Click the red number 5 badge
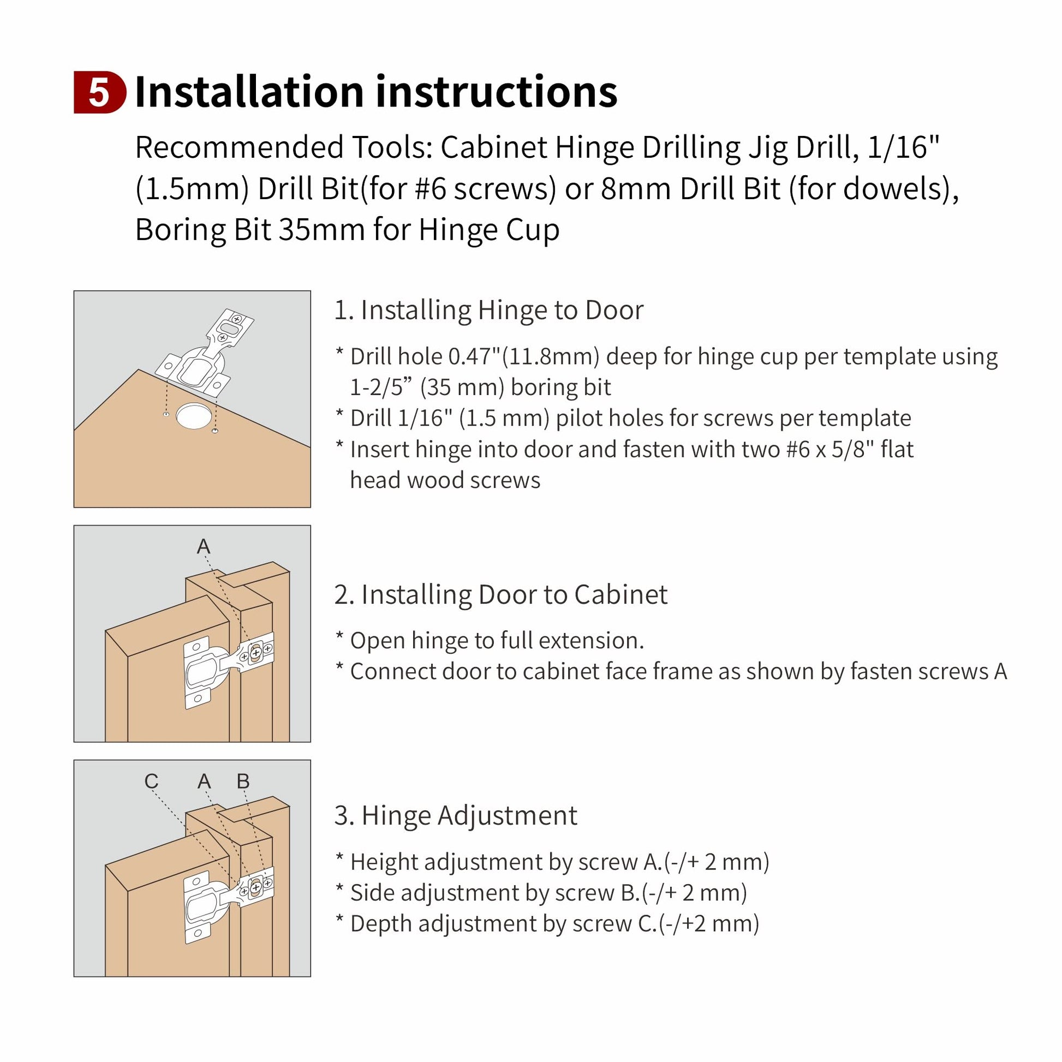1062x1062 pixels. (x=99, y=92)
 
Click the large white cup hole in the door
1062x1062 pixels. (x=194, y=415)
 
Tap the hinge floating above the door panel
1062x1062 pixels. (x=205, y=352)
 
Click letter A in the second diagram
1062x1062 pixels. (x=204, y=546)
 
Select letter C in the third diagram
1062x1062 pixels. (x=151, y=781)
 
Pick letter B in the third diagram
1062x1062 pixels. (x=243, y=781)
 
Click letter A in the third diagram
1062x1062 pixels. (x=204, y=781)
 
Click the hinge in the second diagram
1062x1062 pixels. (x=228, y=671)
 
